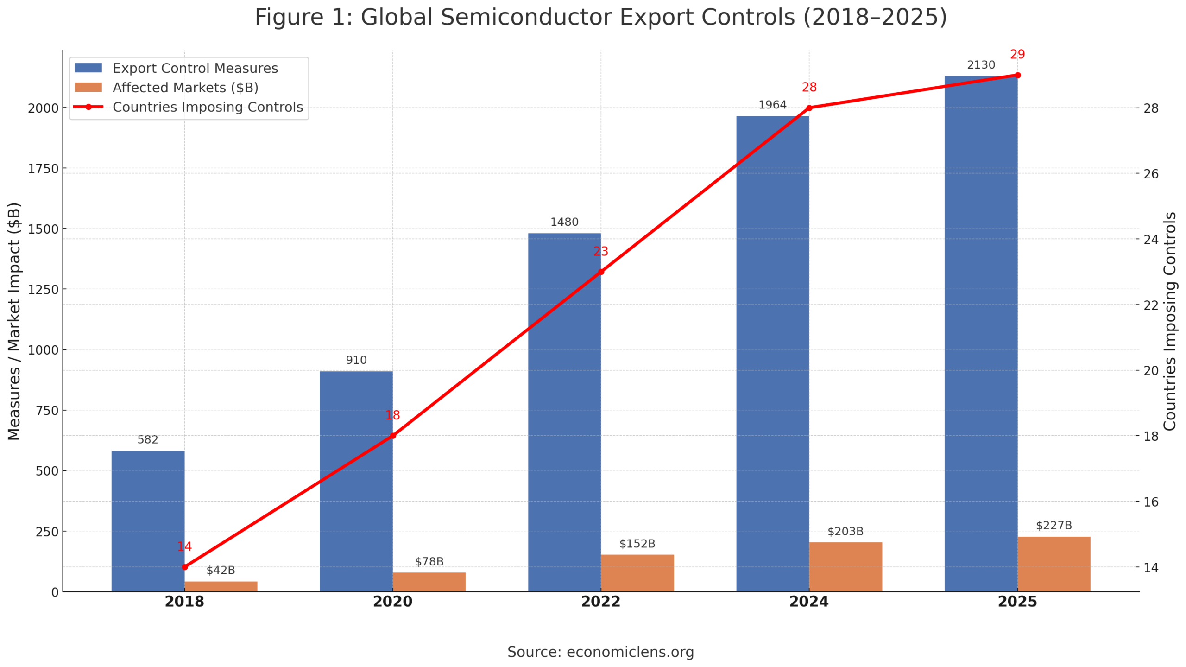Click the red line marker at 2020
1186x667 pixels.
(392, 436)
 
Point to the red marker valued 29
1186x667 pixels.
(1017, 75)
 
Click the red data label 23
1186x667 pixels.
(600, 251)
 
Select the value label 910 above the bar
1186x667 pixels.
(356, 360)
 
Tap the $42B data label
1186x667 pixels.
(221, 570)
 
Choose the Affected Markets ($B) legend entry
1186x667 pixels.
(185, 88)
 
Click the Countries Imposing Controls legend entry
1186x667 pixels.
(207, 107)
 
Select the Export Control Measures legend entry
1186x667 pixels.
(195, 68)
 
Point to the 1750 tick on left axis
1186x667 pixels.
(43, 169)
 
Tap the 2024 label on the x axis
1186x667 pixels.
(809, 602)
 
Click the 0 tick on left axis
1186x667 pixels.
(55, 592)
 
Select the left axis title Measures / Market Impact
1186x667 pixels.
(14, 321)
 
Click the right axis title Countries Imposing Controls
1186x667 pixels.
(1170, 321)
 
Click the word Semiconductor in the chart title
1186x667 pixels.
(528, 18)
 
